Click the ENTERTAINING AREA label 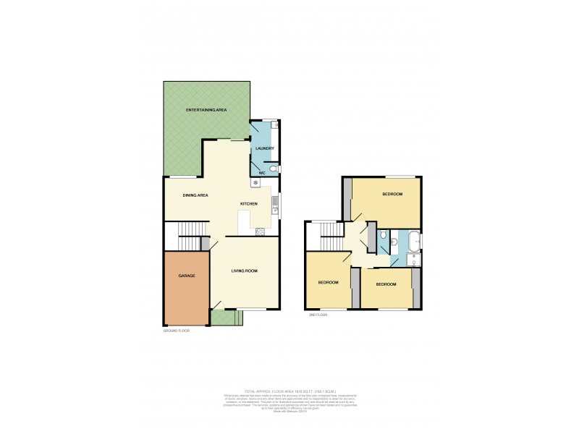(206, 109)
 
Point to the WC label (262, 173)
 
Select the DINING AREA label (195, 195)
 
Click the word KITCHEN (249, 205)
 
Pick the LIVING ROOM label (245, 271)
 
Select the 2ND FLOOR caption (319, 315)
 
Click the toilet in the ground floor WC (272, 170)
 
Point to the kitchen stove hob (260, 231)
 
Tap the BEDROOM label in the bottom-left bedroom (329, 282)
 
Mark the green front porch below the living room (224, 317)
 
